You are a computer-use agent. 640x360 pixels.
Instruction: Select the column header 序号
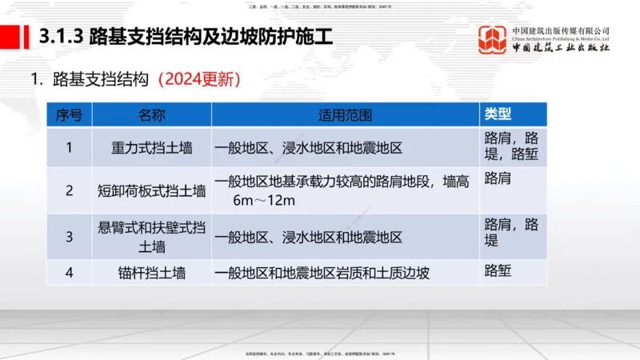coord(69,114)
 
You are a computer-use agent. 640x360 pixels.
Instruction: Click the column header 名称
coord(151,114)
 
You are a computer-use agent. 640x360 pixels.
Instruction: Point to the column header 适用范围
coord(345,114)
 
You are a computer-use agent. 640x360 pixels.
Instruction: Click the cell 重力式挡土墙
coord(151,147)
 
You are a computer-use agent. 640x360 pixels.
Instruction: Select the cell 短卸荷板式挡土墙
coord(151,190)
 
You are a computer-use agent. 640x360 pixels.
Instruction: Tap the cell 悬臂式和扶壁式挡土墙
coord(151,237)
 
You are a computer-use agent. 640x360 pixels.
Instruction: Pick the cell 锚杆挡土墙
coord(151,273)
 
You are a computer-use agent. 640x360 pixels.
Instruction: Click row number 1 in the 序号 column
coord(69,147)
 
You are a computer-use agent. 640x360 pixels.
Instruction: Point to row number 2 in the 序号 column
coord(69,190)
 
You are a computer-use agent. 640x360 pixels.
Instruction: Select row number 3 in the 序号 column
coord(69,237)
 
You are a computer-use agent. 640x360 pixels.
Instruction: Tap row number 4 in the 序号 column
coord(69,273)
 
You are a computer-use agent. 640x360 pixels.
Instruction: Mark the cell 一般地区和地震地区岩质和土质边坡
coord(322,273)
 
